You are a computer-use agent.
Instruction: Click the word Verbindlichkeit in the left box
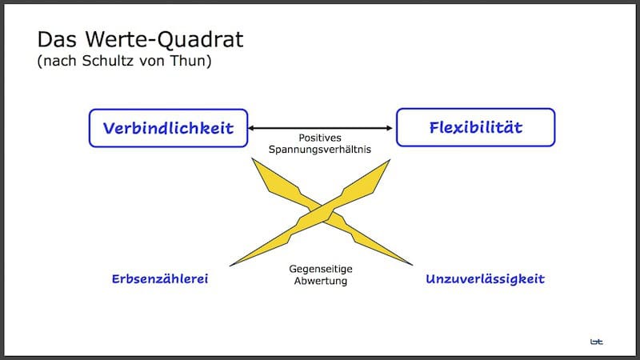(x=167, y=128)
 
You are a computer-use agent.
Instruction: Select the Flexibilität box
(x=475, y=128)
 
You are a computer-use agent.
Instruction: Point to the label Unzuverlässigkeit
(x=486, y=279)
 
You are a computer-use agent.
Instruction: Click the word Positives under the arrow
(x=320, y=138)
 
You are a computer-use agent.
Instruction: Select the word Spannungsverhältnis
(x=320, y=150)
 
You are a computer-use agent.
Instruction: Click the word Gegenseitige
(x=320, y=270)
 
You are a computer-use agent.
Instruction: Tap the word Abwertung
(x=320, y=282)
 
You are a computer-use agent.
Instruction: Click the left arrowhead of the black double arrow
(x=250, y=128)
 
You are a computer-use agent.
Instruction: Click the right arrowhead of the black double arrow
(x=391, y=128)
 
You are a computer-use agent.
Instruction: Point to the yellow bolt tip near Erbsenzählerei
(x=232, y=265)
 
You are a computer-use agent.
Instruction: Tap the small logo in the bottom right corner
(x=597, y=341)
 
